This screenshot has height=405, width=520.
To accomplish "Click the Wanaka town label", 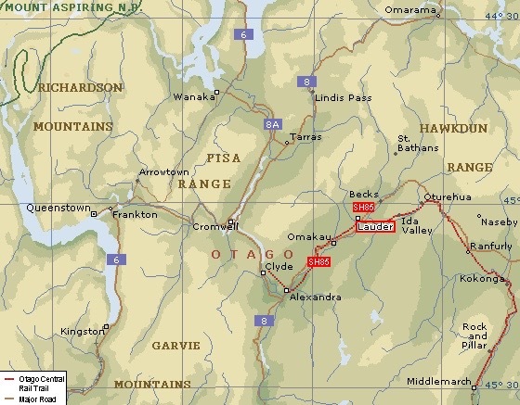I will pyautogui.click(x=192, y=96).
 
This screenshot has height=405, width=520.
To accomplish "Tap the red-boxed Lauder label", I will pyautogui.click(x=374, y=226).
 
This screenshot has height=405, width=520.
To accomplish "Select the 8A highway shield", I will pyautogui.click(x=272, y=123).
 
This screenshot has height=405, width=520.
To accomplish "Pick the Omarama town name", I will pyautogui.click(x=410, y=11).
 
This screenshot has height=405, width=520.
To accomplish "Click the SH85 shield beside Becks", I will pyautogui.click(x=363, y=207).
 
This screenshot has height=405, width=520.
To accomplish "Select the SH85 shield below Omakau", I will pyautogui.click(x=318, y=262).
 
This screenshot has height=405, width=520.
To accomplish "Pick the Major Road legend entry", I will pyautogui.click(x=37, y=399).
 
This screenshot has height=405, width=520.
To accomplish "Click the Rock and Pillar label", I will pyautogui.click(x=474, y=335).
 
